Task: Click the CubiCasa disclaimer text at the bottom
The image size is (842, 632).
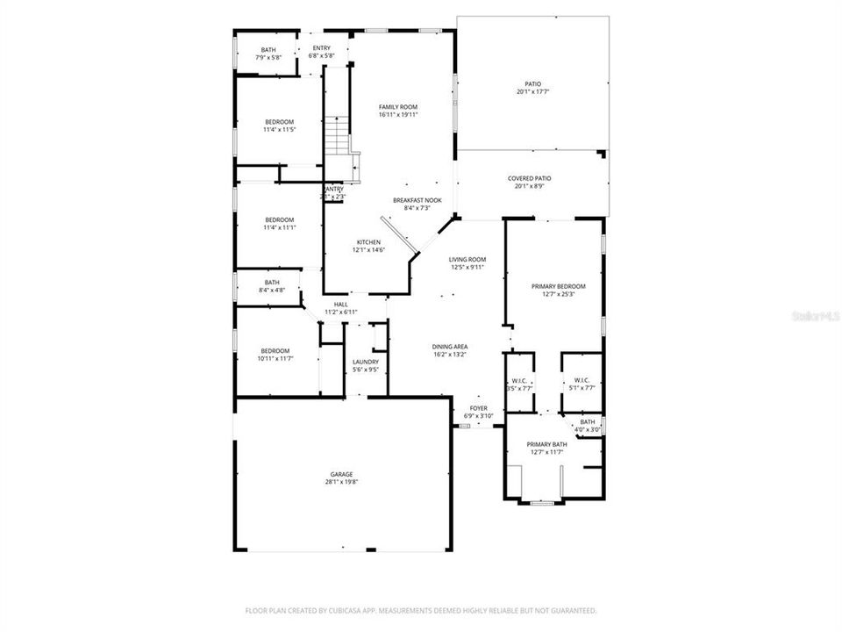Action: [x=421, y=610]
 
